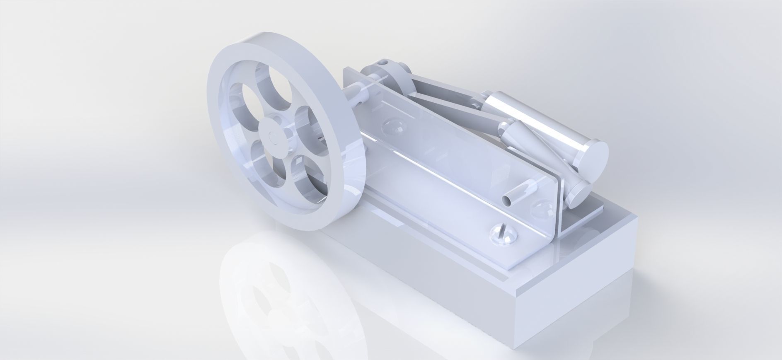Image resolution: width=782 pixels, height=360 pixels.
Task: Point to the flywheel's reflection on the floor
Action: [269, 290]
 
